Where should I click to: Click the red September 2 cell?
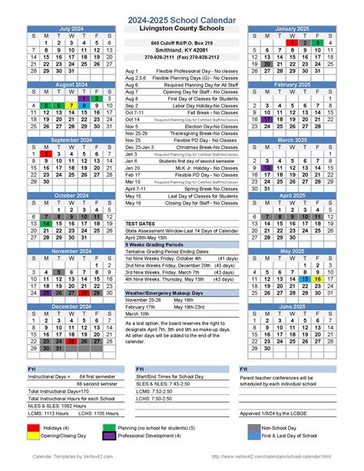(46, 154)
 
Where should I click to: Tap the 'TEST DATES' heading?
(141, 223)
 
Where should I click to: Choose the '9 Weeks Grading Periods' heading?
(153, 244)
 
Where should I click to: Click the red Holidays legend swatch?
(34, 426)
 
